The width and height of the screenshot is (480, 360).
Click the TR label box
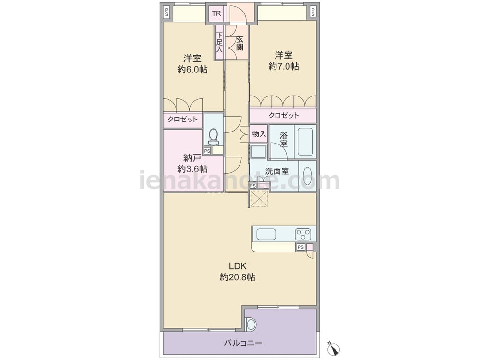pos(216,13)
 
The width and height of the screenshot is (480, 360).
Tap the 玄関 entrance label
pos(240,43)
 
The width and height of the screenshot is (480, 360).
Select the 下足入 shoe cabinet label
pos(219,42)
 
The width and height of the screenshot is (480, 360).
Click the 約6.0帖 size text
pos(192,70)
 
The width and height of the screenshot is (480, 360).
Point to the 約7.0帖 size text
pos(284,66)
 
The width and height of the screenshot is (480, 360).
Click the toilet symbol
pos(213,136)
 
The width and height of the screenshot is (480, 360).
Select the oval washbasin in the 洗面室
pos(307,175)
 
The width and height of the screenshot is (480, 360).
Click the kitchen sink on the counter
pos(266,235)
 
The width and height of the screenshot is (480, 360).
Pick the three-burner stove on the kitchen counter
pos(303,235)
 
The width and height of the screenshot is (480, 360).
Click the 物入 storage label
pos(259,134)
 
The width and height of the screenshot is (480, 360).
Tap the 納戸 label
pos(192,158)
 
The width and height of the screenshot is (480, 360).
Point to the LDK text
pos(238,266)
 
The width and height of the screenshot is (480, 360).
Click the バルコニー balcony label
pos(243,343)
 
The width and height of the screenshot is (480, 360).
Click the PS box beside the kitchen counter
pos(301,247)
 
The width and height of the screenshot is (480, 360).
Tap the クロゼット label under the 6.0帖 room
pos(183,120)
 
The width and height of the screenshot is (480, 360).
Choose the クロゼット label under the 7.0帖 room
pos(284,115)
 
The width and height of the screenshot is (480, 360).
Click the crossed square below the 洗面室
pos(259,198)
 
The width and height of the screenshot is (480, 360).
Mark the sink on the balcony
pos(251,324)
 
